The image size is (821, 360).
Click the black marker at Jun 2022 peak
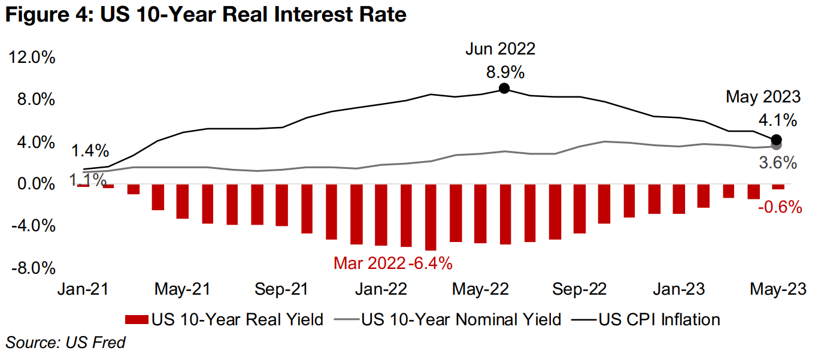[504, 89]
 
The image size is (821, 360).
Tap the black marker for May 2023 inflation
[777, 140]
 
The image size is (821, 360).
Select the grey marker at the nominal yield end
[777, 146]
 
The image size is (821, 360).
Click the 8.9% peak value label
[505, 72]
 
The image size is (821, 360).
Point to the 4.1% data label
[777, 120]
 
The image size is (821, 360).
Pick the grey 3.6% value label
[777, 162]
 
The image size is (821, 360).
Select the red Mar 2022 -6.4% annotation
[393, 262]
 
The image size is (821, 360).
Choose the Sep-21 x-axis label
[281, 289]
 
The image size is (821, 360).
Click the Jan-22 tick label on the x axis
[381, 289]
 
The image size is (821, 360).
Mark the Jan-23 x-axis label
[678, 289]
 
